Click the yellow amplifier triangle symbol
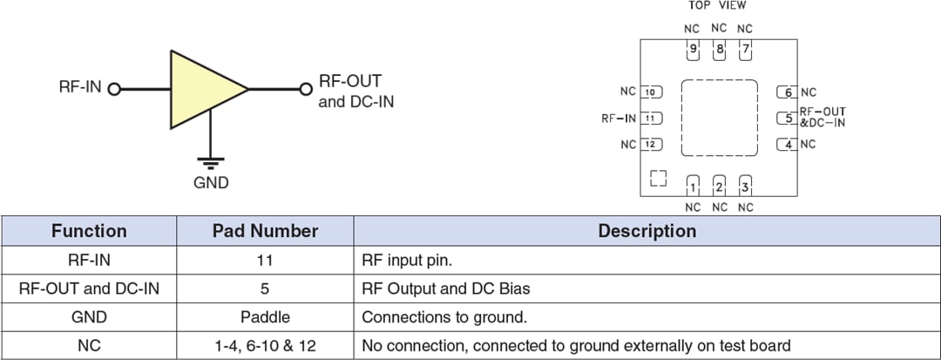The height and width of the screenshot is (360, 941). tap(200, 89)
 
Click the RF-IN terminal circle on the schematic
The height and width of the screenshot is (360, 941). tap(114, 89)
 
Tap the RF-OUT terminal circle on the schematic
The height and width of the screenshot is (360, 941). tap(306, 89)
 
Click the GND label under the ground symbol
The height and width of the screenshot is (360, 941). tap(211, 183)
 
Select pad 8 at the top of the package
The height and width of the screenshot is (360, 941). tap(719, 50)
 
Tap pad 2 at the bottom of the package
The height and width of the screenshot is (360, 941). tap(719, 187)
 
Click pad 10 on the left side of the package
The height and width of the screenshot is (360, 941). tap(651, 92)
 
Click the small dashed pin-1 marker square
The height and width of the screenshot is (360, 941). tap(659, 178)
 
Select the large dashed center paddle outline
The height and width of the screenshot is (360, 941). tap(719, 118)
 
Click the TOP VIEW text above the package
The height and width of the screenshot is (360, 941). tap(717, 6)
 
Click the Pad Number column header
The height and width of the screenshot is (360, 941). tap(265, 231)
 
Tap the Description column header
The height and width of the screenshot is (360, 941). tap(647, 231)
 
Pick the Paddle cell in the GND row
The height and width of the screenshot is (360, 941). tap(265, 317)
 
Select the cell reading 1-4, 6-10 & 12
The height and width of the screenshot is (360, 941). tap(265, 346)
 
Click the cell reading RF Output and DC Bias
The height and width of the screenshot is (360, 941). tap(445, 289)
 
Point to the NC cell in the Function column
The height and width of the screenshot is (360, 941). tap(89, 346)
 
